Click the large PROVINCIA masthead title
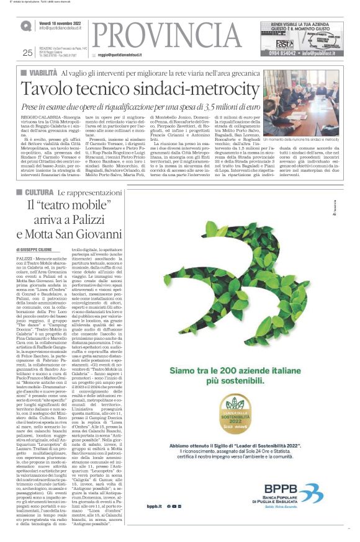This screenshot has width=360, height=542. tap(177, 38)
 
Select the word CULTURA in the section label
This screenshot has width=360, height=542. tap(46, 193)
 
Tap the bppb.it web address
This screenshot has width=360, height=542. tap(155, 507)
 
